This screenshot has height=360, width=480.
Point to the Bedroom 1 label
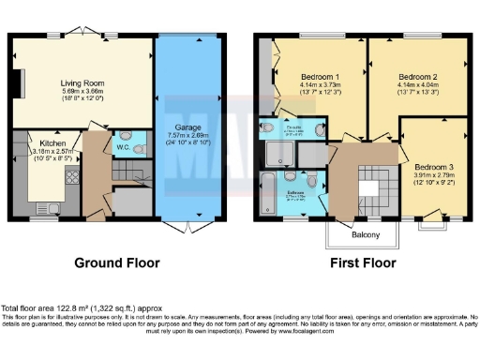[320, 76]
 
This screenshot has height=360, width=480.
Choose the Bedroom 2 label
[417, 76]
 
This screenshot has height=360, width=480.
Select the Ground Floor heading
[115, 263]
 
